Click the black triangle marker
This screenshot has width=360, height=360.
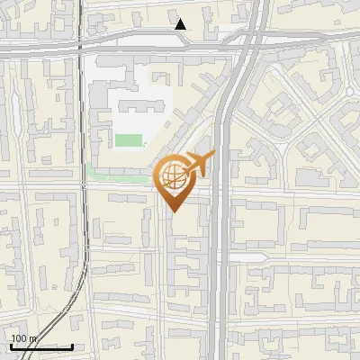181,24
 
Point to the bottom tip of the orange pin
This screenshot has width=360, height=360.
173,211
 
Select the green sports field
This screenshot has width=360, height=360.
130,140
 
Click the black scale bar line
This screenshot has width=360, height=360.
41,346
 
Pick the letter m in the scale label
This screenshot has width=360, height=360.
34,338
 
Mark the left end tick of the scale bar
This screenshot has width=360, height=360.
11,345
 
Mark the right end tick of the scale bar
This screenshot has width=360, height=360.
72,345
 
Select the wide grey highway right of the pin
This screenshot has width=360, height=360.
224,225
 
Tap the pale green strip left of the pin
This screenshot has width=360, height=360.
117,175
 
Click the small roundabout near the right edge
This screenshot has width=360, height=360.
349,92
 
